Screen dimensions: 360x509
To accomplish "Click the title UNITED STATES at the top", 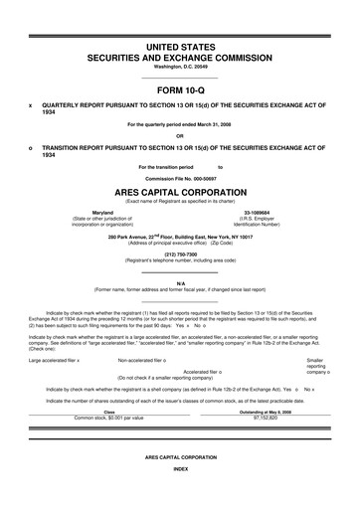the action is (179, 46).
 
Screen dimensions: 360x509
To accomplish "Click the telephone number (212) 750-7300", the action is (179, 251).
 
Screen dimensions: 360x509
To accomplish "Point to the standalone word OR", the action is (179, 135).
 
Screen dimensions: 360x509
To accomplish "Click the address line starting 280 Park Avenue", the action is (180, 238).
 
